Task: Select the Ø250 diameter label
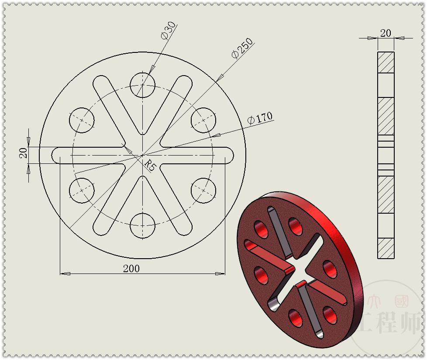[242, 48]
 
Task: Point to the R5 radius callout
[150, 166]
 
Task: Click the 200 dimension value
[131, 268]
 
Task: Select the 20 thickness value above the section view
[386, 33]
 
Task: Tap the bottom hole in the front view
[142, 226]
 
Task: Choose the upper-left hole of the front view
[82, 119]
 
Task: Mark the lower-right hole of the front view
[203, 191]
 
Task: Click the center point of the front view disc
[142, 156]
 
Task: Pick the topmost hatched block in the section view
[386, 62]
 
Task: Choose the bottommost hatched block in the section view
[386, 248]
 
